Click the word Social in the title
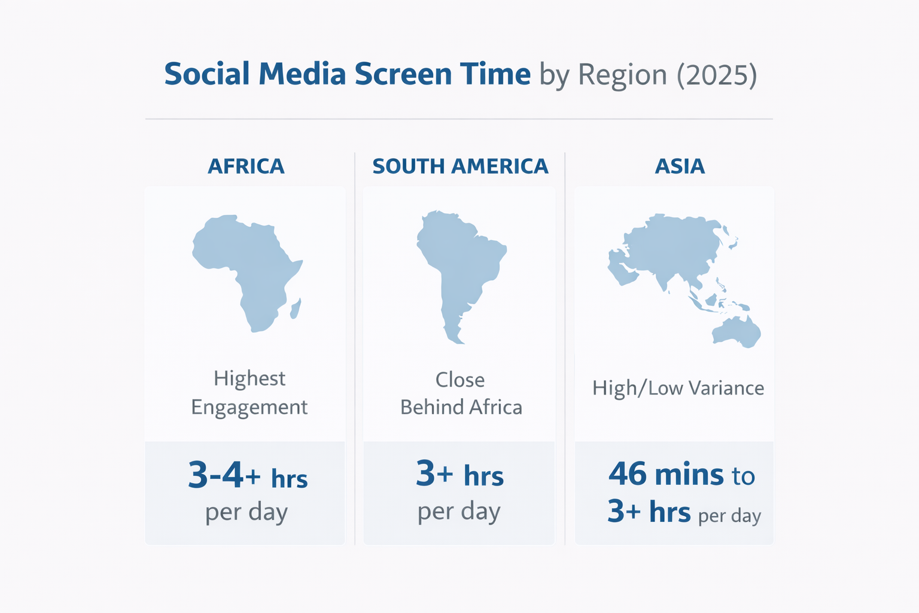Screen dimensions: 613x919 206,74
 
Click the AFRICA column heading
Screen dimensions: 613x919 246,166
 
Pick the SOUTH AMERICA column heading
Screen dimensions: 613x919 460,166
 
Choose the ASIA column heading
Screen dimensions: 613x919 680,166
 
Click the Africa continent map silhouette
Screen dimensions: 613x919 245,263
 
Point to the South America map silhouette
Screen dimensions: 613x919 458,263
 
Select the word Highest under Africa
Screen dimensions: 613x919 249,378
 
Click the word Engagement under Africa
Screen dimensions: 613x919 249,408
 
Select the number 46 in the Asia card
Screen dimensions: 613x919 628,474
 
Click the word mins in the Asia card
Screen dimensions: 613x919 689,475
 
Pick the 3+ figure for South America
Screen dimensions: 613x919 434,474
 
